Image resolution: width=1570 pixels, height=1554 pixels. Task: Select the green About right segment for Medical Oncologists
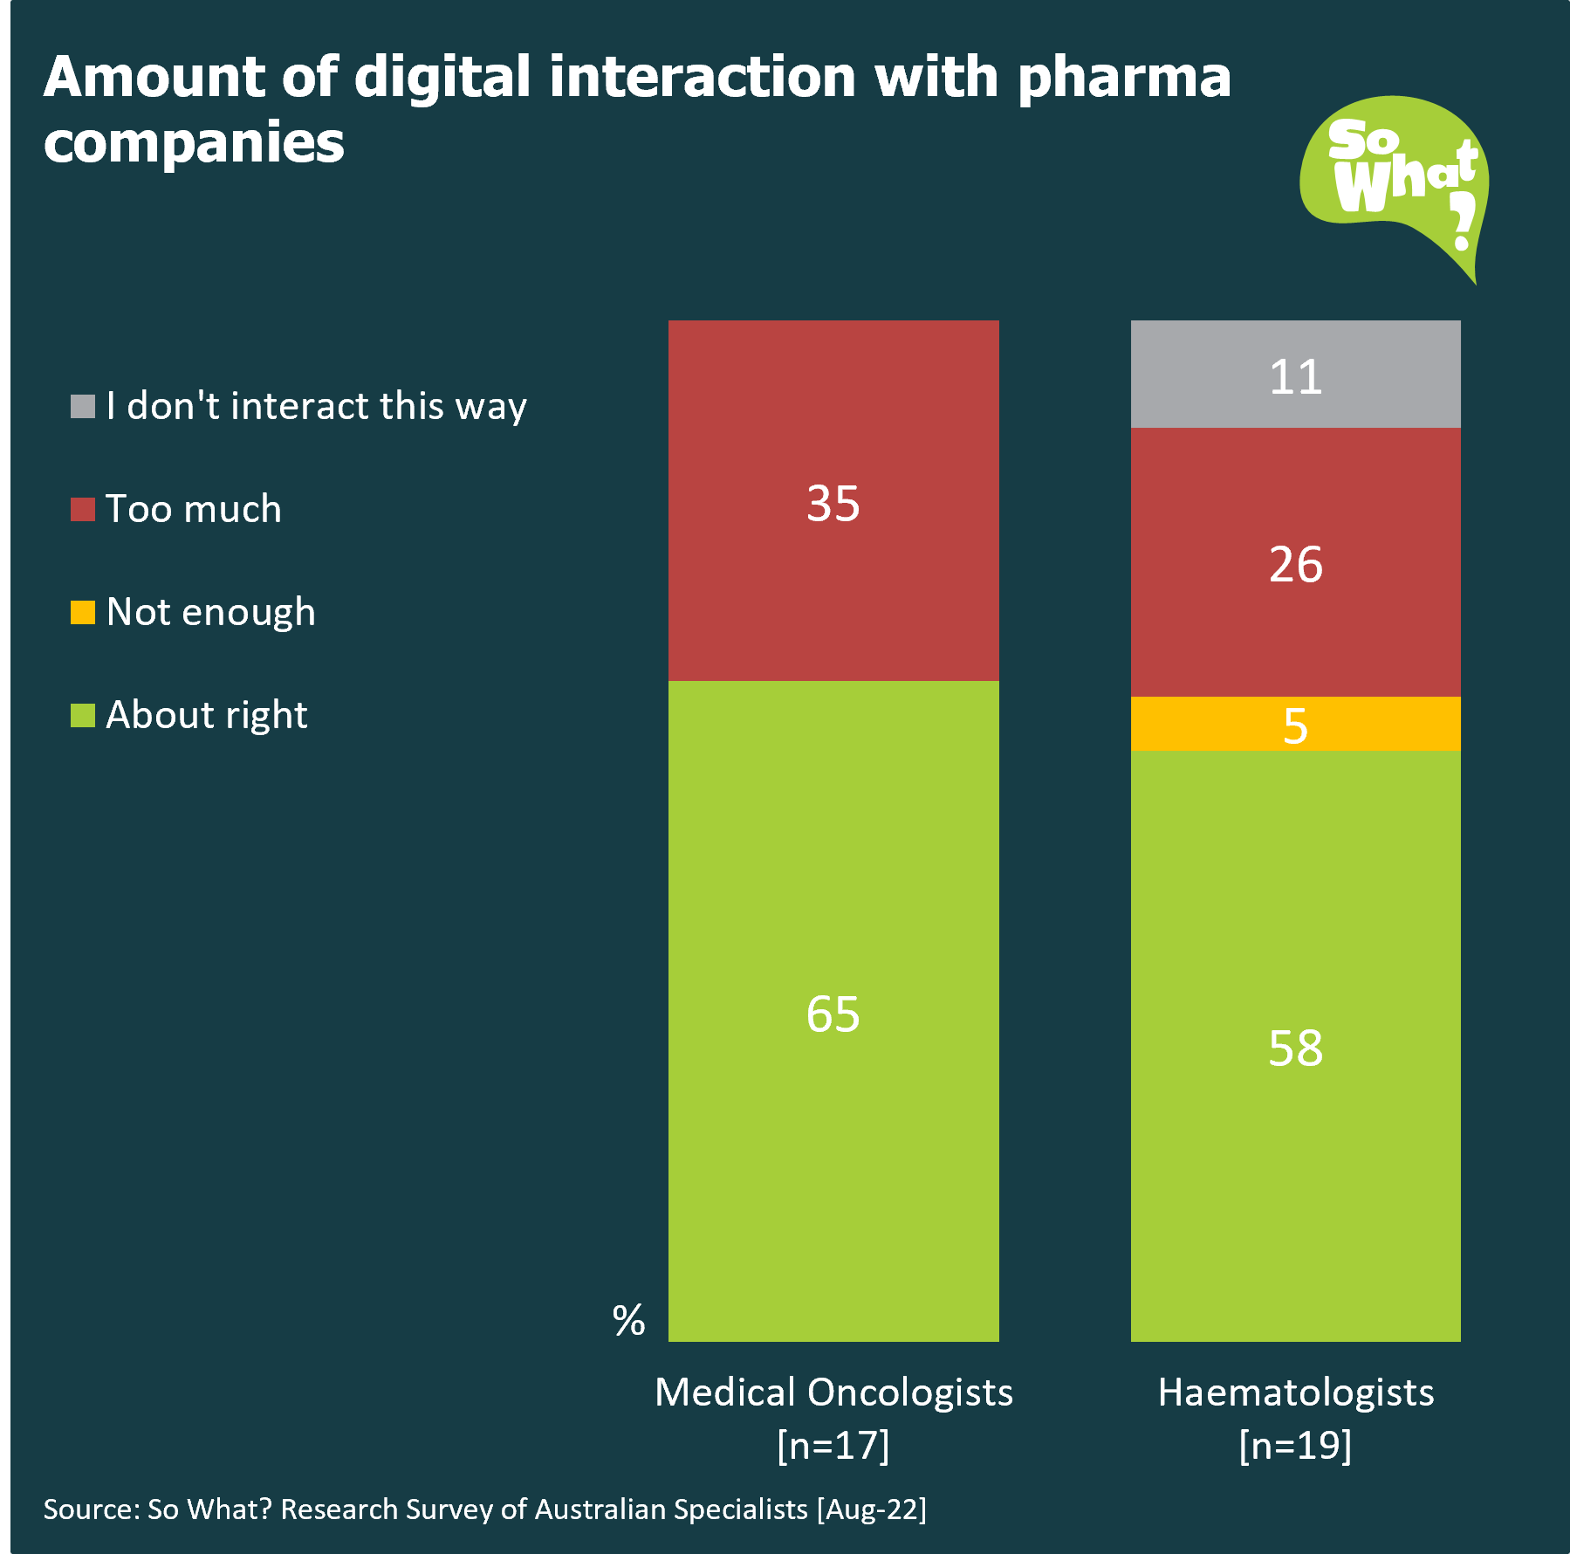[833, 1135]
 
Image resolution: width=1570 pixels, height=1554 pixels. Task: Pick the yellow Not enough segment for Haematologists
[1379, 724]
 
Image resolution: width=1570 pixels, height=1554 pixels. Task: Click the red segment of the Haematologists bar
[1295, 629]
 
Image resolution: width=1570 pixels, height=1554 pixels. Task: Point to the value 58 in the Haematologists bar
[1295, 1048]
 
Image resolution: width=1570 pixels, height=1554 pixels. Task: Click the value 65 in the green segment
[833, 1014]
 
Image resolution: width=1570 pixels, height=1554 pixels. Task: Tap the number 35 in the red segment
[833, 504]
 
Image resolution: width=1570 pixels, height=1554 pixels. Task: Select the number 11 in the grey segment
[1295, 377]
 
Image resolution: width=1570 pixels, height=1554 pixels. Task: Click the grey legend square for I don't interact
[83, 406]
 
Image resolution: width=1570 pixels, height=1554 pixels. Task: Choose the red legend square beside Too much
[83, 509]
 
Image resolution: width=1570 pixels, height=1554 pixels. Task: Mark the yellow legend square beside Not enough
[83, 612]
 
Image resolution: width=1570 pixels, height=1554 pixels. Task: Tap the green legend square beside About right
[83, 715]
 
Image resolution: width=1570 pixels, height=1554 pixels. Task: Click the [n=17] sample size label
[833, 1445]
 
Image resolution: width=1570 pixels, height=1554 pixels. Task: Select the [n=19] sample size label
[1295, 1445]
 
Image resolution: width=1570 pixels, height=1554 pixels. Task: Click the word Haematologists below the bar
[1295, 1392]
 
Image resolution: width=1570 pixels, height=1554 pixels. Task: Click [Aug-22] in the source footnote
[871, 1509]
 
